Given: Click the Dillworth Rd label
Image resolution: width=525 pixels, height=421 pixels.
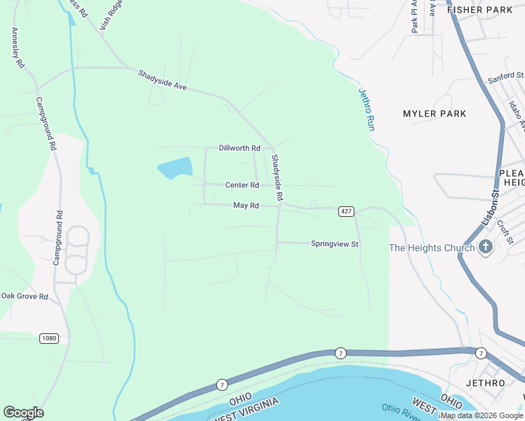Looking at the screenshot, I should click(x=239, y=149).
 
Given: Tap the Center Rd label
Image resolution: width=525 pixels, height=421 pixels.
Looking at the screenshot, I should click(x=242, y=185).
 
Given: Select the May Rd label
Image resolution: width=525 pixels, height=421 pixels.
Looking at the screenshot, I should click(x=246, y=206).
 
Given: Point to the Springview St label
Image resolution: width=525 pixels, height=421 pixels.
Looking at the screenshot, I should click(x=335, y=244).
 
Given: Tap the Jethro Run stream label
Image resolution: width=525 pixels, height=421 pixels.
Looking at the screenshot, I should click(x=367, y=109).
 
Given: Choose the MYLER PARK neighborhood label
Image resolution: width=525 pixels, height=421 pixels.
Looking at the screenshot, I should click(x=434, y=114).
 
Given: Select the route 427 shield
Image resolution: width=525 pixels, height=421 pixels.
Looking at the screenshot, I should click(x=345, y=211).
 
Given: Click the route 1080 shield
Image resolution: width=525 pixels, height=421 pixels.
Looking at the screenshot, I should click(x=48, y=338).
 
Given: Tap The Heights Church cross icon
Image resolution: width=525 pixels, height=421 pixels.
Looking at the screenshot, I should click(x=486, y=247).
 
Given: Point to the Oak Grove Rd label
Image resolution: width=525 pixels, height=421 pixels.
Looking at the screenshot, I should click(x=24, y=297).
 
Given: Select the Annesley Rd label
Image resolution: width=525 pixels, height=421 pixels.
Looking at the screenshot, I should click(x=18, y=48).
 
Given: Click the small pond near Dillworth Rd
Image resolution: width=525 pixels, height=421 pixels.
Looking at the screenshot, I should click(x=175, y=168).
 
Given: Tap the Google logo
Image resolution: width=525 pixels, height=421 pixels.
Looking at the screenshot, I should click(x=23, y=413).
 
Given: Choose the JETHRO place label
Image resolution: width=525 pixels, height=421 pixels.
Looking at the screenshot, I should click(x=485, y=383).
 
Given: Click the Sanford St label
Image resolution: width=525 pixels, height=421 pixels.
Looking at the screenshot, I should click(x=506, y=75).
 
